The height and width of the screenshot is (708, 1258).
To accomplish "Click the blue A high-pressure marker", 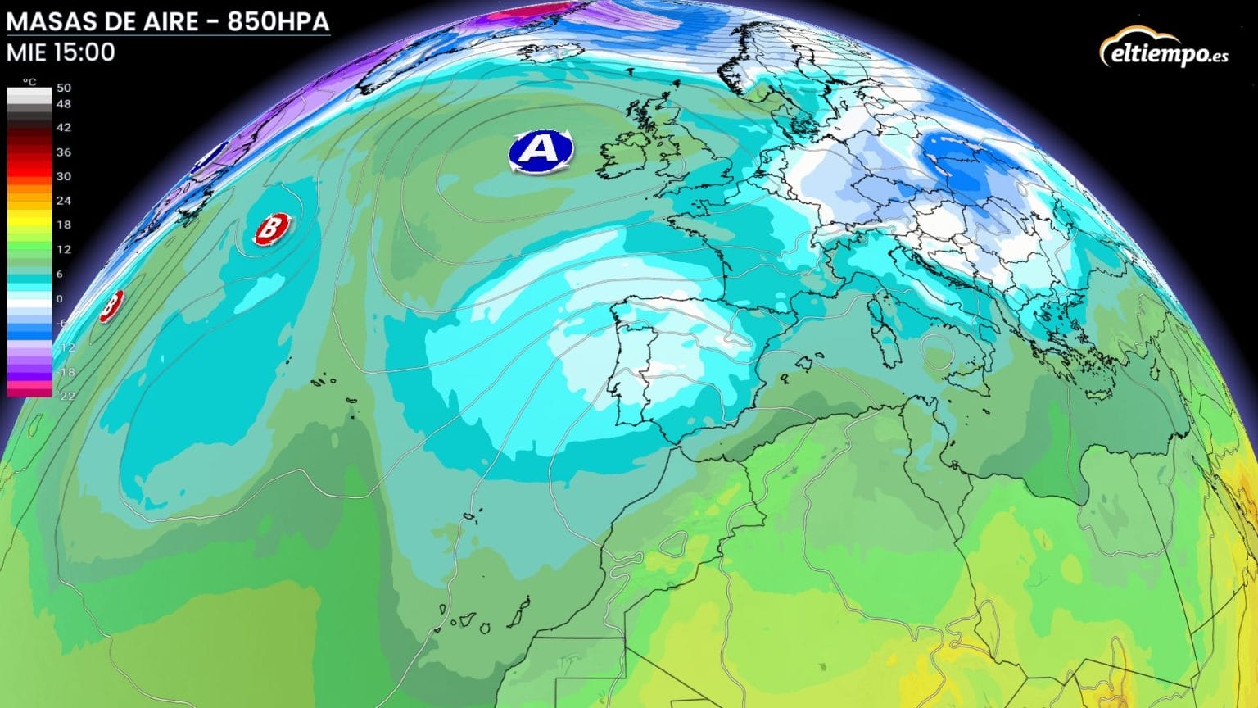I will (x=540, y=150).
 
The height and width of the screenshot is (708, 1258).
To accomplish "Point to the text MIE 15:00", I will (x=61, y=52).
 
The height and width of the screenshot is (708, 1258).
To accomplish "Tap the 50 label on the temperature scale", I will (x=64, y=88).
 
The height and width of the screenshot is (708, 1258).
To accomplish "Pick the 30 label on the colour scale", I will (x=64, y=176).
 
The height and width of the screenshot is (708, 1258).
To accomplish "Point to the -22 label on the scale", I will (x=66, y=396).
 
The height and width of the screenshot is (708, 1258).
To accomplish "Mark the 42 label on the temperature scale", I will (x=64, y=128).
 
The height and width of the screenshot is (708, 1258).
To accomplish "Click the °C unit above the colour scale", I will (x=29, y=82).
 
